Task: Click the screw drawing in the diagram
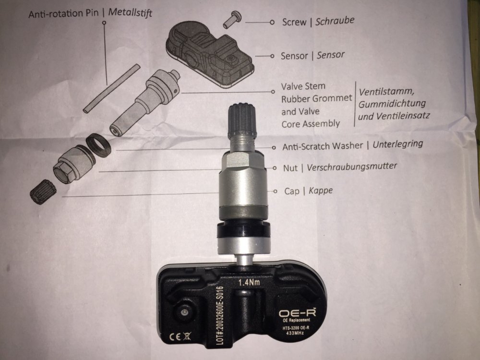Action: coord(232,19)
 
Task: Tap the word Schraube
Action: coord(335,21)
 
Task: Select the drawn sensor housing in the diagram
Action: coord(210,55)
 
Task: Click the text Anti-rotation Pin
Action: coord(64,14)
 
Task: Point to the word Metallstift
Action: coord(130,12)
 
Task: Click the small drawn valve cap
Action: coord(43,192)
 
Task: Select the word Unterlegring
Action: coord(397,144)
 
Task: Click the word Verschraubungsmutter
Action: coord(352,167)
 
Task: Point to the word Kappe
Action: coord(321,191)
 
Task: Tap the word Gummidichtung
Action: coord(392,104)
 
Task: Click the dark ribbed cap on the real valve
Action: coord(241,119)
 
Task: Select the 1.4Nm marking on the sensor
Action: coord(249,282)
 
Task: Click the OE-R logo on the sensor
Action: coord(297,312)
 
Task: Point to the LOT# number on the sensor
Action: coord(220,316)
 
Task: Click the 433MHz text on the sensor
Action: coord(295,333)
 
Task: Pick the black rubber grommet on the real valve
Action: coord(244,229)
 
